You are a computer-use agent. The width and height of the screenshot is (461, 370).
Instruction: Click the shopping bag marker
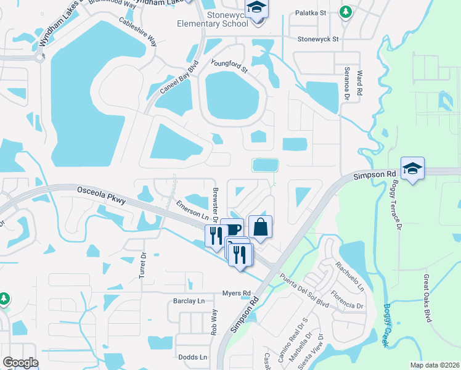click(x=260, y=228)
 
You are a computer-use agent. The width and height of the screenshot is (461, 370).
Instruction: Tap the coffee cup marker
click(x=232, y=229)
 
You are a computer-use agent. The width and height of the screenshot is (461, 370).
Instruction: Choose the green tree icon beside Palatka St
click(x=346, y=11)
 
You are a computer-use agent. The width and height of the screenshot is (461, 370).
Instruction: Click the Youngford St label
click(x=229, y=66)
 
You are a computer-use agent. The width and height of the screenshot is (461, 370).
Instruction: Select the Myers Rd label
click(x=237, y=293)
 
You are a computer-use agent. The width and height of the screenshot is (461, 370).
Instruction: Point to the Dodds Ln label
click(x=192, y=357)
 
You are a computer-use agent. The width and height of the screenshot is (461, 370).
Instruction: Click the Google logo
click(x=20, y=363)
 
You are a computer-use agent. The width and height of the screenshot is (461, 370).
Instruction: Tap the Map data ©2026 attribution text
click(x=434, y=365)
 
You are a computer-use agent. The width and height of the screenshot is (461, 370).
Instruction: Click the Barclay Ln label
click(x=188, y=302)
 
